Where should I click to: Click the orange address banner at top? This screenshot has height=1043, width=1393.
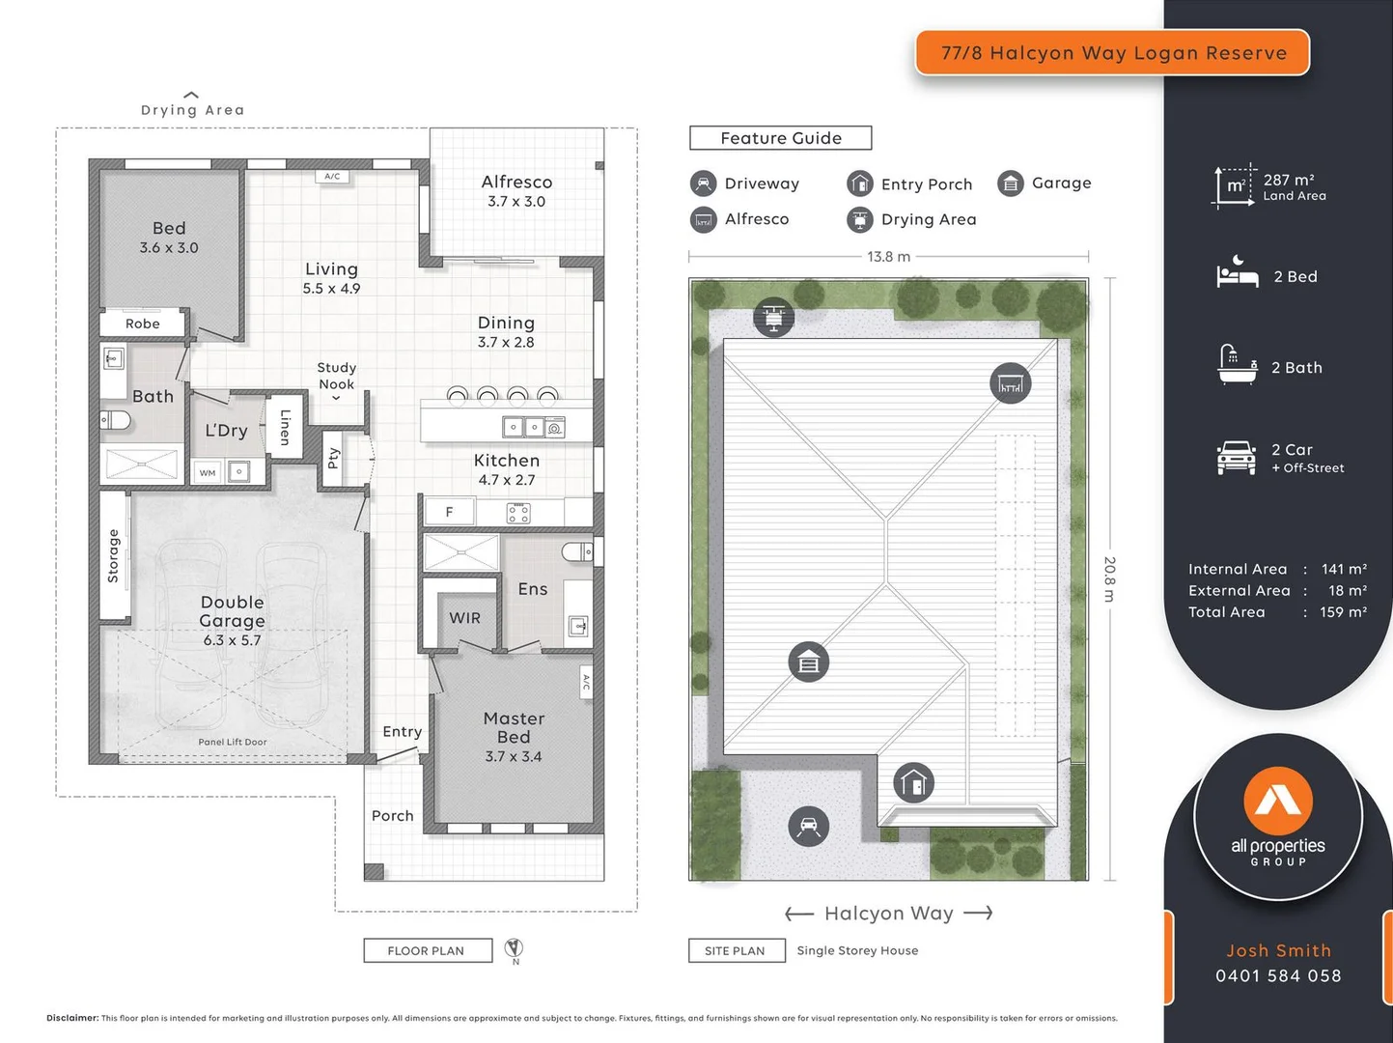click(x=1112, y=53)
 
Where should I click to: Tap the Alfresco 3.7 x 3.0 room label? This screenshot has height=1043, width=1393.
click(x=516, y=190)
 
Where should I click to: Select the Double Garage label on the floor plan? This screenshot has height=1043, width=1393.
click(x=232, y=619)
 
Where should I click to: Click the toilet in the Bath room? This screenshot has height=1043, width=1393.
click(x=116, y=420)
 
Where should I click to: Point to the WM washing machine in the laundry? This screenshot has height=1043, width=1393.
click(x=208, y=472)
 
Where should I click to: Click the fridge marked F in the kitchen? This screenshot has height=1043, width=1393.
click(x=449, y=512)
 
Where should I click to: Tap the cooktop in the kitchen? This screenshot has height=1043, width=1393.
click(x=518, y=513)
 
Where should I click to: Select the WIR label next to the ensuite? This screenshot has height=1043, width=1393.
click(x=464, y=618)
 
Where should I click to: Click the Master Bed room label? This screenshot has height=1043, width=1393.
click(x=514, y=736)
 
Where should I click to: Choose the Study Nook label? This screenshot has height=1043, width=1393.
click(x=336, y=376)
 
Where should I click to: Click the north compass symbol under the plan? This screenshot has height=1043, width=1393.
click(x=515, y=949)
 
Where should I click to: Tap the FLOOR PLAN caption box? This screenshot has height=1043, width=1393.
click(x=427, y=951)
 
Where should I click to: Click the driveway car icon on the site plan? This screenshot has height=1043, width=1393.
click(x=809, y=827)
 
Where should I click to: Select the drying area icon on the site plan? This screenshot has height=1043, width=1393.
click(x=773, y=317)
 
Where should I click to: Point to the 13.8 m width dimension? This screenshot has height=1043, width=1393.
click(x=888, y=257)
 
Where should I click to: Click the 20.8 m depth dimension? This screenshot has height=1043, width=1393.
click(x=1109, y=578)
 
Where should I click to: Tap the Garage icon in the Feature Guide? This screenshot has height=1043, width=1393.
click(x=1010, y=183)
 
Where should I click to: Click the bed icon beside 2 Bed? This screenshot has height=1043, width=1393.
click(x=1237, y=275)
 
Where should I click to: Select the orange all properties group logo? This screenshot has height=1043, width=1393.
click(x=1278, y=801)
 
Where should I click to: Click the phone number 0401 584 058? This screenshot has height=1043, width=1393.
click(x=1278, y=975)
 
